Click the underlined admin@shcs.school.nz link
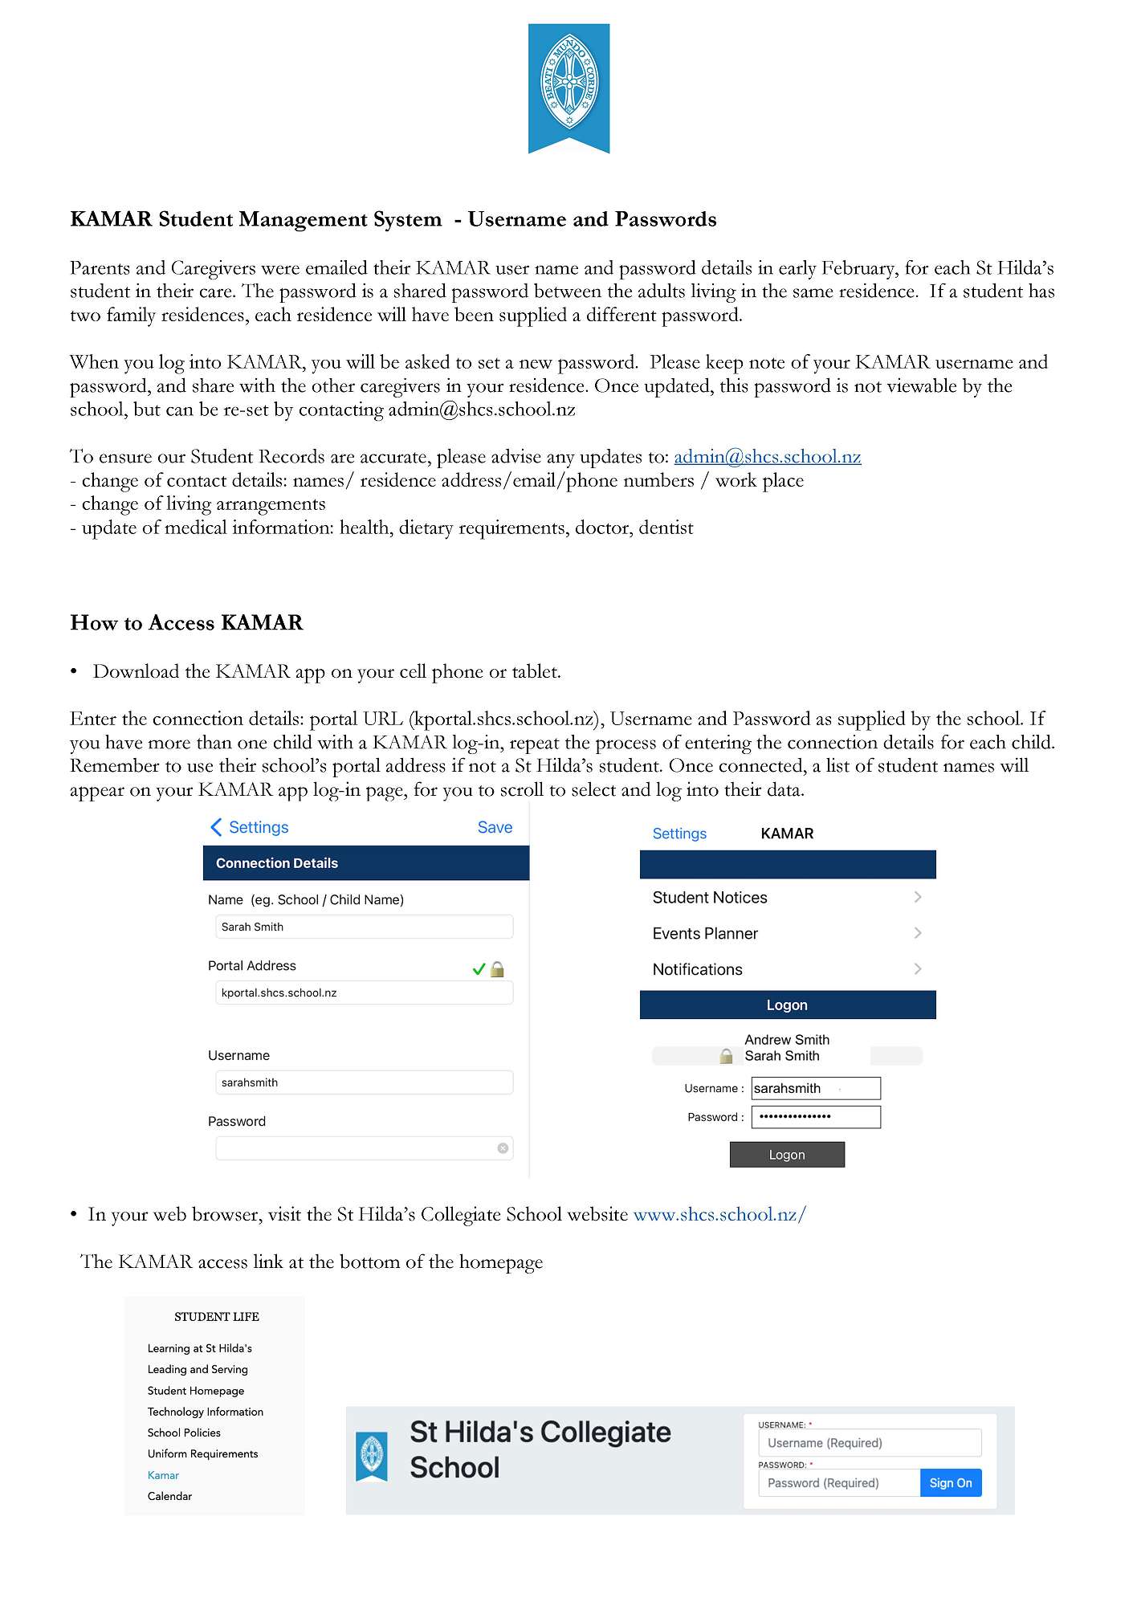[x=767, y=457]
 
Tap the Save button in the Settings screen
[x=495, y=828]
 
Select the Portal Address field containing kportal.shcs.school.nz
[x=364, y=993]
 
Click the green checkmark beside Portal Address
[x=479, y=969]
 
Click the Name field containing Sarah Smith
[x=364, y=927]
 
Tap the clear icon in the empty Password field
[x=503, y=1148]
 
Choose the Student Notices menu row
[x=787, y=898]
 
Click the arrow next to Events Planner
[x=918, y=933]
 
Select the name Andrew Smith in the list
[x=787, y=1040]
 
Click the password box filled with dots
[x=816, y=1117]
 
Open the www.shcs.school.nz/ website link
[x=719, y=1215]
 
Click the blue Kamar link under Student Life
[x=163, y=1475]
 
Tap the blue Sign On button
[x=951, y=1483]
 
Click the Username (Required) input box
[x=870, y=1443]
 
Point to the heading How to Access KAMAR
[x=186, y=623]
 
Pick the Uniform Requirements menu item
[x=202, y=1454]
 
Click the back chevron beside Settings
[x=216, y=828]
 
